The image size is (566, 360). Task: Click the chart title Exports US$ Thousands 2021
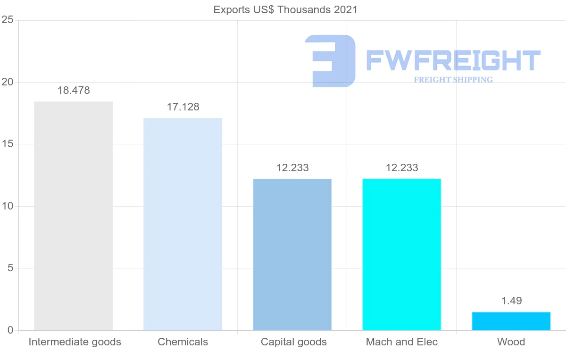click(x=285, y=10)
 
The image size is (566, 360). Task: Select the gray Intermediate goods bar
click(x=73, y=216)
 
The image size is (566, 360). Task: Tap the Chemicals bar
click(x=183, y=224)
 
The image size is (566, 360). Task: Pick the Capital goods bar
click(x=292, y=255)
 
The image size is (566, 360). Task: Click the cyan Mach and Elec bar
click(x=402, y=255)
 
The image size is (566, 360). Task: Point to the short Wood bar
click(x=511, y=321)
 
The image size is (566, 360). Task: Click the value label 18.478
click(x=74, y=91)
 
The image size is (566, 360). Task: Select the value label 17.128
click(x=183, y=107)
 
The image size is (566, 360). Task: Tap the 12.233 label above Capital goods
click(x=292, y=168)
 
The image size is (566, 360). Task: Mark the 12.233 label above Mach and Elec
click(x=402, y=168)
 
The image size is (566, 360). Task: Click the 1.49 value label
click(x=511, y=301)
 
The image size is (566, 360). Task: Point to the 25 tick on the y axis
click(x=8, y=20)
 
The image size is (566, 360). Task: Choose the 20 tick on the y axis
click(x=8, y=82)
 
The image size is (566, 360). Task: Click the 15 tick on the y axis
click(x=8, y=144)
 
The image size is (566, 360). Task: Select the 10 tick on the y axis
click(x=8, y=206)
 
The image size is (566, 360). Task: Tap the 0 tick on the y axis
click(x=10, y=330)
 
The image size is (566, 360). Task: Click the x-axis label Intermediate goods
click(x=75, y=342)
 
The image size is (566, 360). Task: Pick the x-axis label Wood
click(x=511, y=342)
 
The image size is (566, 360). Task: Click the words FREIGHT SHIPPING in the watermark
click(x=453, y=80)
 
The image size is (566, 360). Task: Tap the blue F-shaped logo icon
click(x=330, y=61)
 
